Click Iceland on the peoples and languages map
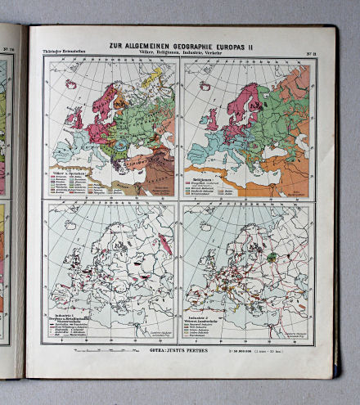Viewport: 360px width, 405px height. pos(71,84)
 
